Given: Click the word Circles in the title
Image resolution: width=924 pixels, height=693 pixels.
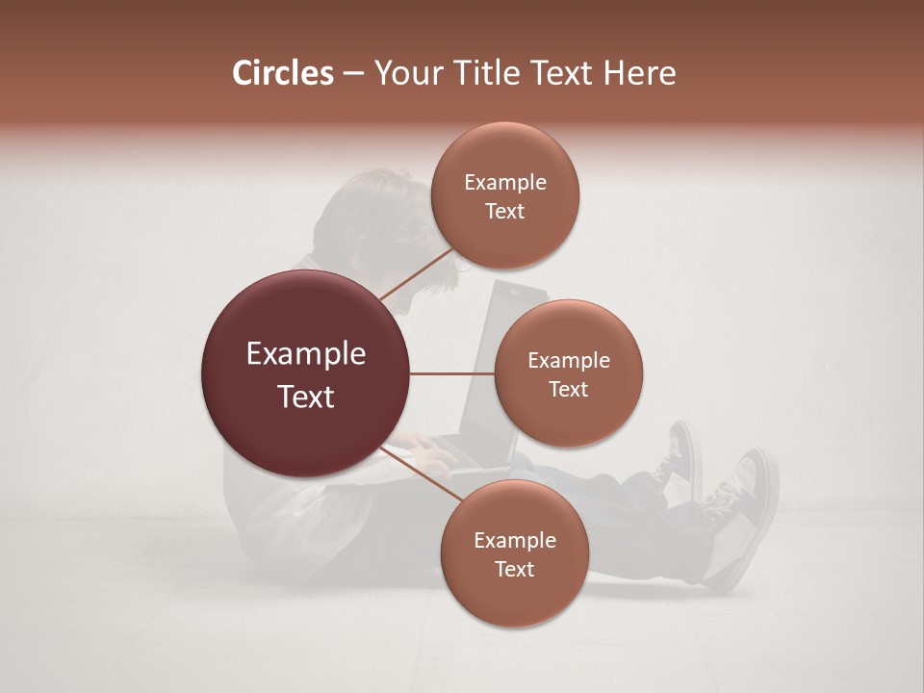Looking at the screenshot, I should [283, 73].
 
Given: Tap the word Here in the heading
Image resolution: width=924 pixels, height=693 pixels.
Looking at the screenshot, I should [639, 73].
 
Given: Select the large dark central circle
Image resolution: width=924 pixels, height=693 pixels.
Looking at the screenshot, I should [306, 373].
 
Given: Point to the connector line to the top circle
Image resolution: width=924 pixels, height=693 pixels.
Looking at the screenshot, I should [416, 273].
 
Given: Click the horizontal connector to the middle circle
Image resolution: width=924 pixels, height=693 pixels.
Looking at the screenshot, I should [452, 373].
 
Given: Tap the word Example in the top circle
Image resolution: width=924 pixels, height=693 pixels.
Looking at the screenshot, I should [505, 183].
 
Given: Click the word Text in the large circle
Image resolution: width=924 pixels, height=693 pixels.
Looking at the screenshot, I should [306, 397].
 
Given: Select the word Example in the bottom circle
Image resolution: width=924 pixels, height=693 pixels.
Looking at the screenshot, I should [514, 541].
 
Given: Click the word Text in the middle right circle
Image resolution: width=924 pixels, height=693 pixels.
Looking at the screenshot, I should [569, 390].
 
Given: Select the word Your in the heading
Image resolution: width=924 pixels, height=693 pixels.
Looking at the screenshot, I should [405, 73].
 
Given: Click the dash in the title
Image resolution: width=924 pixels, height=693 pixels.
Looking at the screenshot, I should [353, 73].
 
